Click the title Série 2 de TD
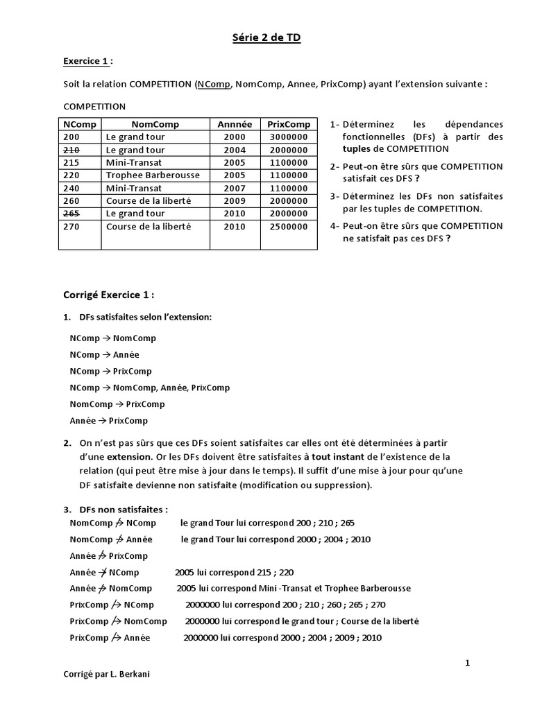[266, 39]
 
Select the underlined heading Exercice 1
[87, 62]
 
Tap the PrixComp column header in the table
[289, 124]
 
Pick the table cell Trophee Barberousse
[149, 175]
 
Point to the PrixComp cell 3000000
[289, 137]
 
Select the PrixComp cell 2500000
[289, 227]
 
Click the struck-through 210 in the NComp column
[71, 150]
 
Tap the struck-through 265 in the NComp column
[71, 214]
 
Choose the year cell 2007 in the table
[235, 188]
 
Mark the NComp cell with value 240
[71, 188]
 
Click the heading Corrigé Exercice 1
[108, 295]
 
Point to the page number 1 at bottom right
[467, 663]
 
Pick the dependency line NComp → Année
[104, 355]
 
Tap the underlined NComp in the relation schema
[214, 85]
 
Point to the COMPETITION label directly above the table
[94, 106]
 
